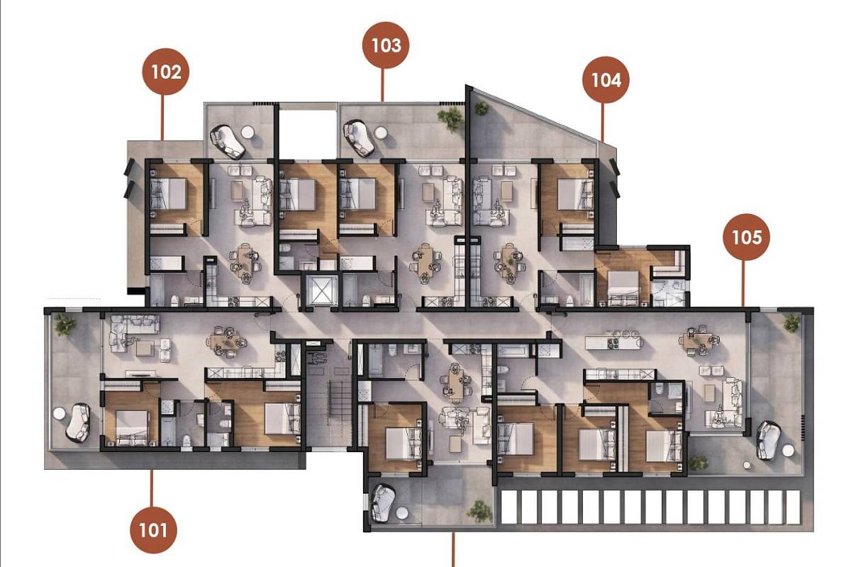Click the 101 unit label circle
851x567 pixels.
153,530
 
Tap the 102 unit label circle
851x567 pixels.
166,72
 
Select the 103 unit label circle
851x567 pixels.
386,45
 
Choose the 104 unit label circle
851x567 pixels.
606,80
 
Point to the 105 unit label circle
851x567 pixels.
746,237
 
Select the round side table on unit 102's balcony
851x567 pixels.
248,132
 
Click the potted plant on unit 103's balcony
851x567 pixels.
450,118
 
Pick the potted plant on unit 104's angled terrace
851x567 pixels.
482,108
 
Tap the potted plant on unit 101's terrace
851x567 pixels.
65,325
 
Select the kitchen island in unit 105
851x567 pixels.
613,343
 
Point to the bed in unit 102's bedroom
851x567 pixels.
169,193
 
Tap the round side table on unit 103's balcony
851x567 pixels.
380,133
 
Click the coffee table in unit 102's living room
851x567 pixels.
237,191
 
